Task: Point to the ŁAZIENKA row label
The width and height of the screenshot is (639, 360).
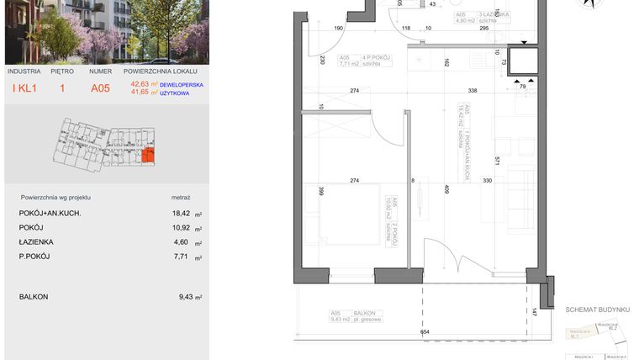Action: pyautogui.click(x=36, y=242)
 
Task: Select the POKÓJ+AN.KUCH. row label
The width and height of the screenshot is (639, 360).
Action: pyautogui.click(x=50, y=214)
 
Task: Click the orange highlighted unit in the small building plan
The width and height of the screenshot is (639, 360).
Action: pyautogui.click(x=148, y=156)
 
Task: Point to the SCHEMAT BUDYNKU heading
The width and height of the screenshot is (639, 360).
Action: pyautogui.click(x=597, y=310)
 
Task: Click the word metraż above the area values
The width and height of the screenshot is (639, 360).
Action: pyautogui.click(x=181, y=197)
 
